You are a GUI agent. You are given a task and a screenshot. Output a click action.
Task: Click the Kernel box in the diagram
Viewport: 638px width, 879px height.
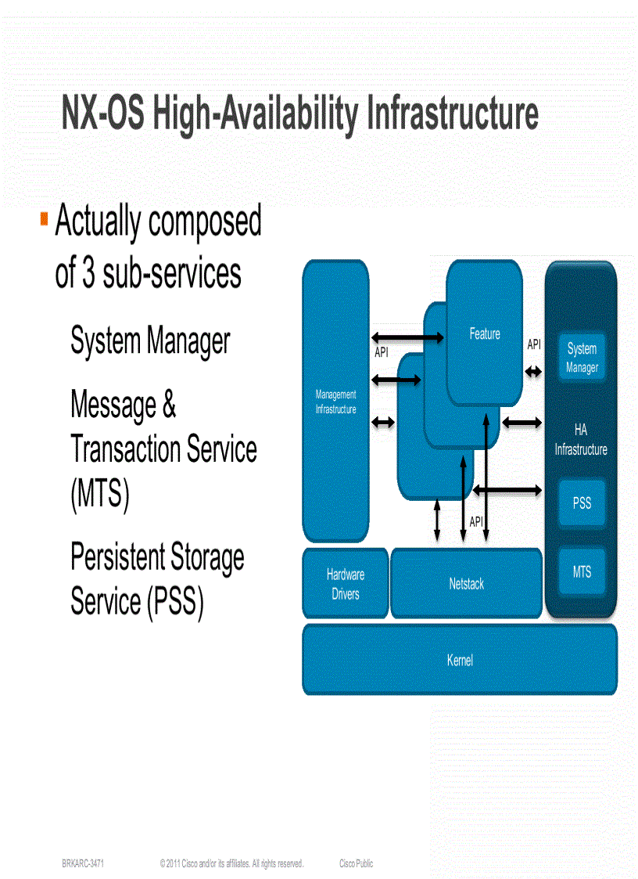click(x=460, y=660)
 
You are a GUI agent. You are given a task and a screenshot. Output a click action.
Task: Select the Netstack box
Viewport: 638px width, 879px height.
click(x=466, y=584)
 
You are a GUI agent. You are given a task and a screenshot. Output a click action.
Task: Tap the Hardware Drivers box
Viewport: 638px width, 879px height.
click(x=345, y=584)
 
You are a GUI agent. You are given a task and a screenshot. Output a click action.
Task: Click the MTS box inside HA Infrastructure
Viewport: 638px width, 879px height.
click(x=582, y=572)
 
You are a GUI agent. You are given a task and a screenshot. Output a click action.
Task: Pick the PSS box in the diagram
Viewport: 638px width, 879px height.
click(x=582, y=503)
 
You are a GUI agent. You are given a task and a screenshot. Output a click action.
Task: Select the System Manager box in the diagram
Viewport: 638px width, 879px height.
click(x=582, y=358)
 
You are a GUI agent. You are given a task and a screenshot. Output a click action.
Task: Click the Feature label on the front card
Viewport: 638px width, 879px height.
click(x=484, y=334)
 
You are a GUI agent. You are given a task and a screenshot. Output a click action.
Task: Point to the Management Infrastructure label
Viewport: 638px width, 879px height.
click(x=335, y=402)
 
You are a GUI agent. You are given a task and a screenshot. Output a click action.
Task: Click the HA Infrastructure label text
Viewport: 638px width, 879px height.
click(x=581, y=440)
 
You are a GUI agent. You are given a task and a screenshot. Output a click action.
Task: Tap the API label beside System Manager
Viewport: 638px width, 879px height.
click(x=534, y=344)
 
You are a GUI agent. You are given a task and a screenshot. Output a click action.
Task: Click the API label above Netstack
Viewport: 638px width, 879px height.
click(x=476, y=522)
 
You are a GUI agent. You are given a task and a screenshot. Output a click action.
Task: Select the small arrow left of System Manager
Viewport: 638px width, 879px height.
click(x=533, y=371)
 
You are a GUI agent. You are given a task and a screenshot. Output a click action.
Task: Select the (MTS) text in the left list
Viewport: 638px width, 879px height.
click(x=99, y=495)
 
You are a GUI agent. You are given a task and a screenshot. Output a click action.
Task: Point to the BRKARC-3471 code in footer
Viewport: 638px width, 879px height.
click(x=84, y=863)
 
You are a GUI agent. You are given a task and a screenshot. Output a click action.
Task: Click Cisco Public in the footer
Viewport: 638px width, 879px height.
click(x=356, y=863)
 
